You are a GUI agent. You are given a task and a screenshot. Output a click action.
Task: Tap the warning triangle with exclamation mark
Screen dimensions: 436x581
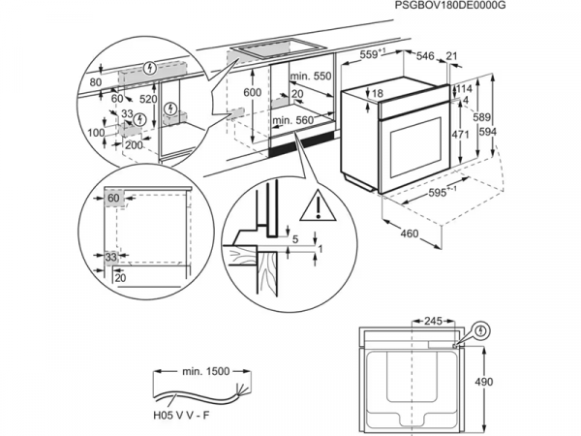pos(314,205)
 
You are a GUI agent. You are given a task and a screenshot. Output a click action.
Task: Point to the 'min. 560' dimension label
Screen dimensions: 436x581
pos(293,120)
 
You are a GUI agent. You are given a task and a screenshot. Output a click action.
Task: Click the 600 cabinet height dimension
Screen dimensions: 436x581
pos(251,91)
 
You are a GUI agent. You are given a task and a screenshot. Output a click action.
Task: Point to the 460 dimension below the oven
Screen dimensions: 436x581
pos(411,234)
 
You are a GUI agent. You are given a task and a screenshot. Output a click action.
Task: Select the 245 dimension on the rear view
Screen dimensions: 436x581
pos(433,320)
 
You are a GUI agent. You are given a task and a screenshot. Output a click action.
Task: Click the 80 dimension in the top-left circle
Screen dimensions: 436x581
pos(93,83)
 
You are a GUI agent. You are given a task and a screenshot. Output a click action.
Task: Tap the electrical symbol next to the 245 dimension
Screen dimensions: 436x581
pos(481,332)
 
